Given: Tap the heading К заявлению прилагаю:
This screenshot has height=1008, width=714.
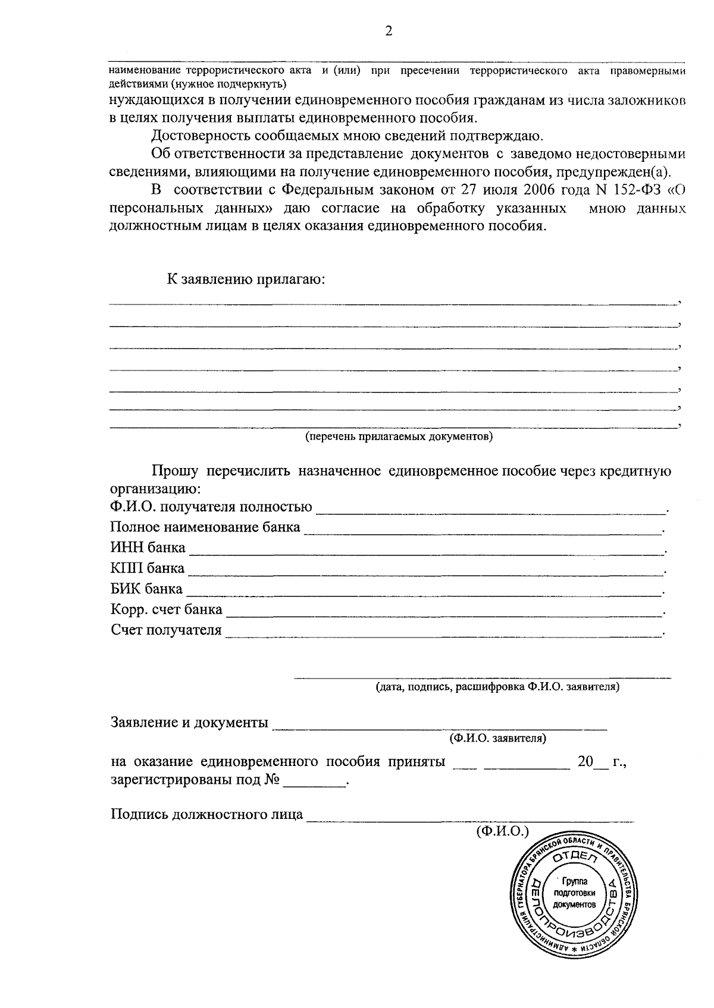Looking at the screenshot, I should click(246, 280).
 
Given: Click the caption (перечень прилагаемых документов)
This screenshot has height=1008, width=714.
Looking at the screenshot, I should click(399, 437).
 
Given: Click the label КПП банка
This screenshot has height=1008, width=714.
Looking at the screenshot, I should click(148, 568).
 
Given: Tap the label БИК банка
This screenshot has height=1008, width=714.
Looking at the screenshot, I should click(146, 589).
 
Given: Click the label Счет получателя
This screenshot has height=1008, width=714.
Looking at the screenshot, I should click(166, 630).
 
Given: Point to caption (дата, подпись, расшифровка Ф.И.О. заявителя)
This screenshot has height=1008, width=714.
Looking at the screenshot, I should click(497, 687).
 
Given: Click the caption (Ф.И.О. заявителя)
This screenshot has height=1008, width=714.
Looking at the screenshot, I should click(498, 738).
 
